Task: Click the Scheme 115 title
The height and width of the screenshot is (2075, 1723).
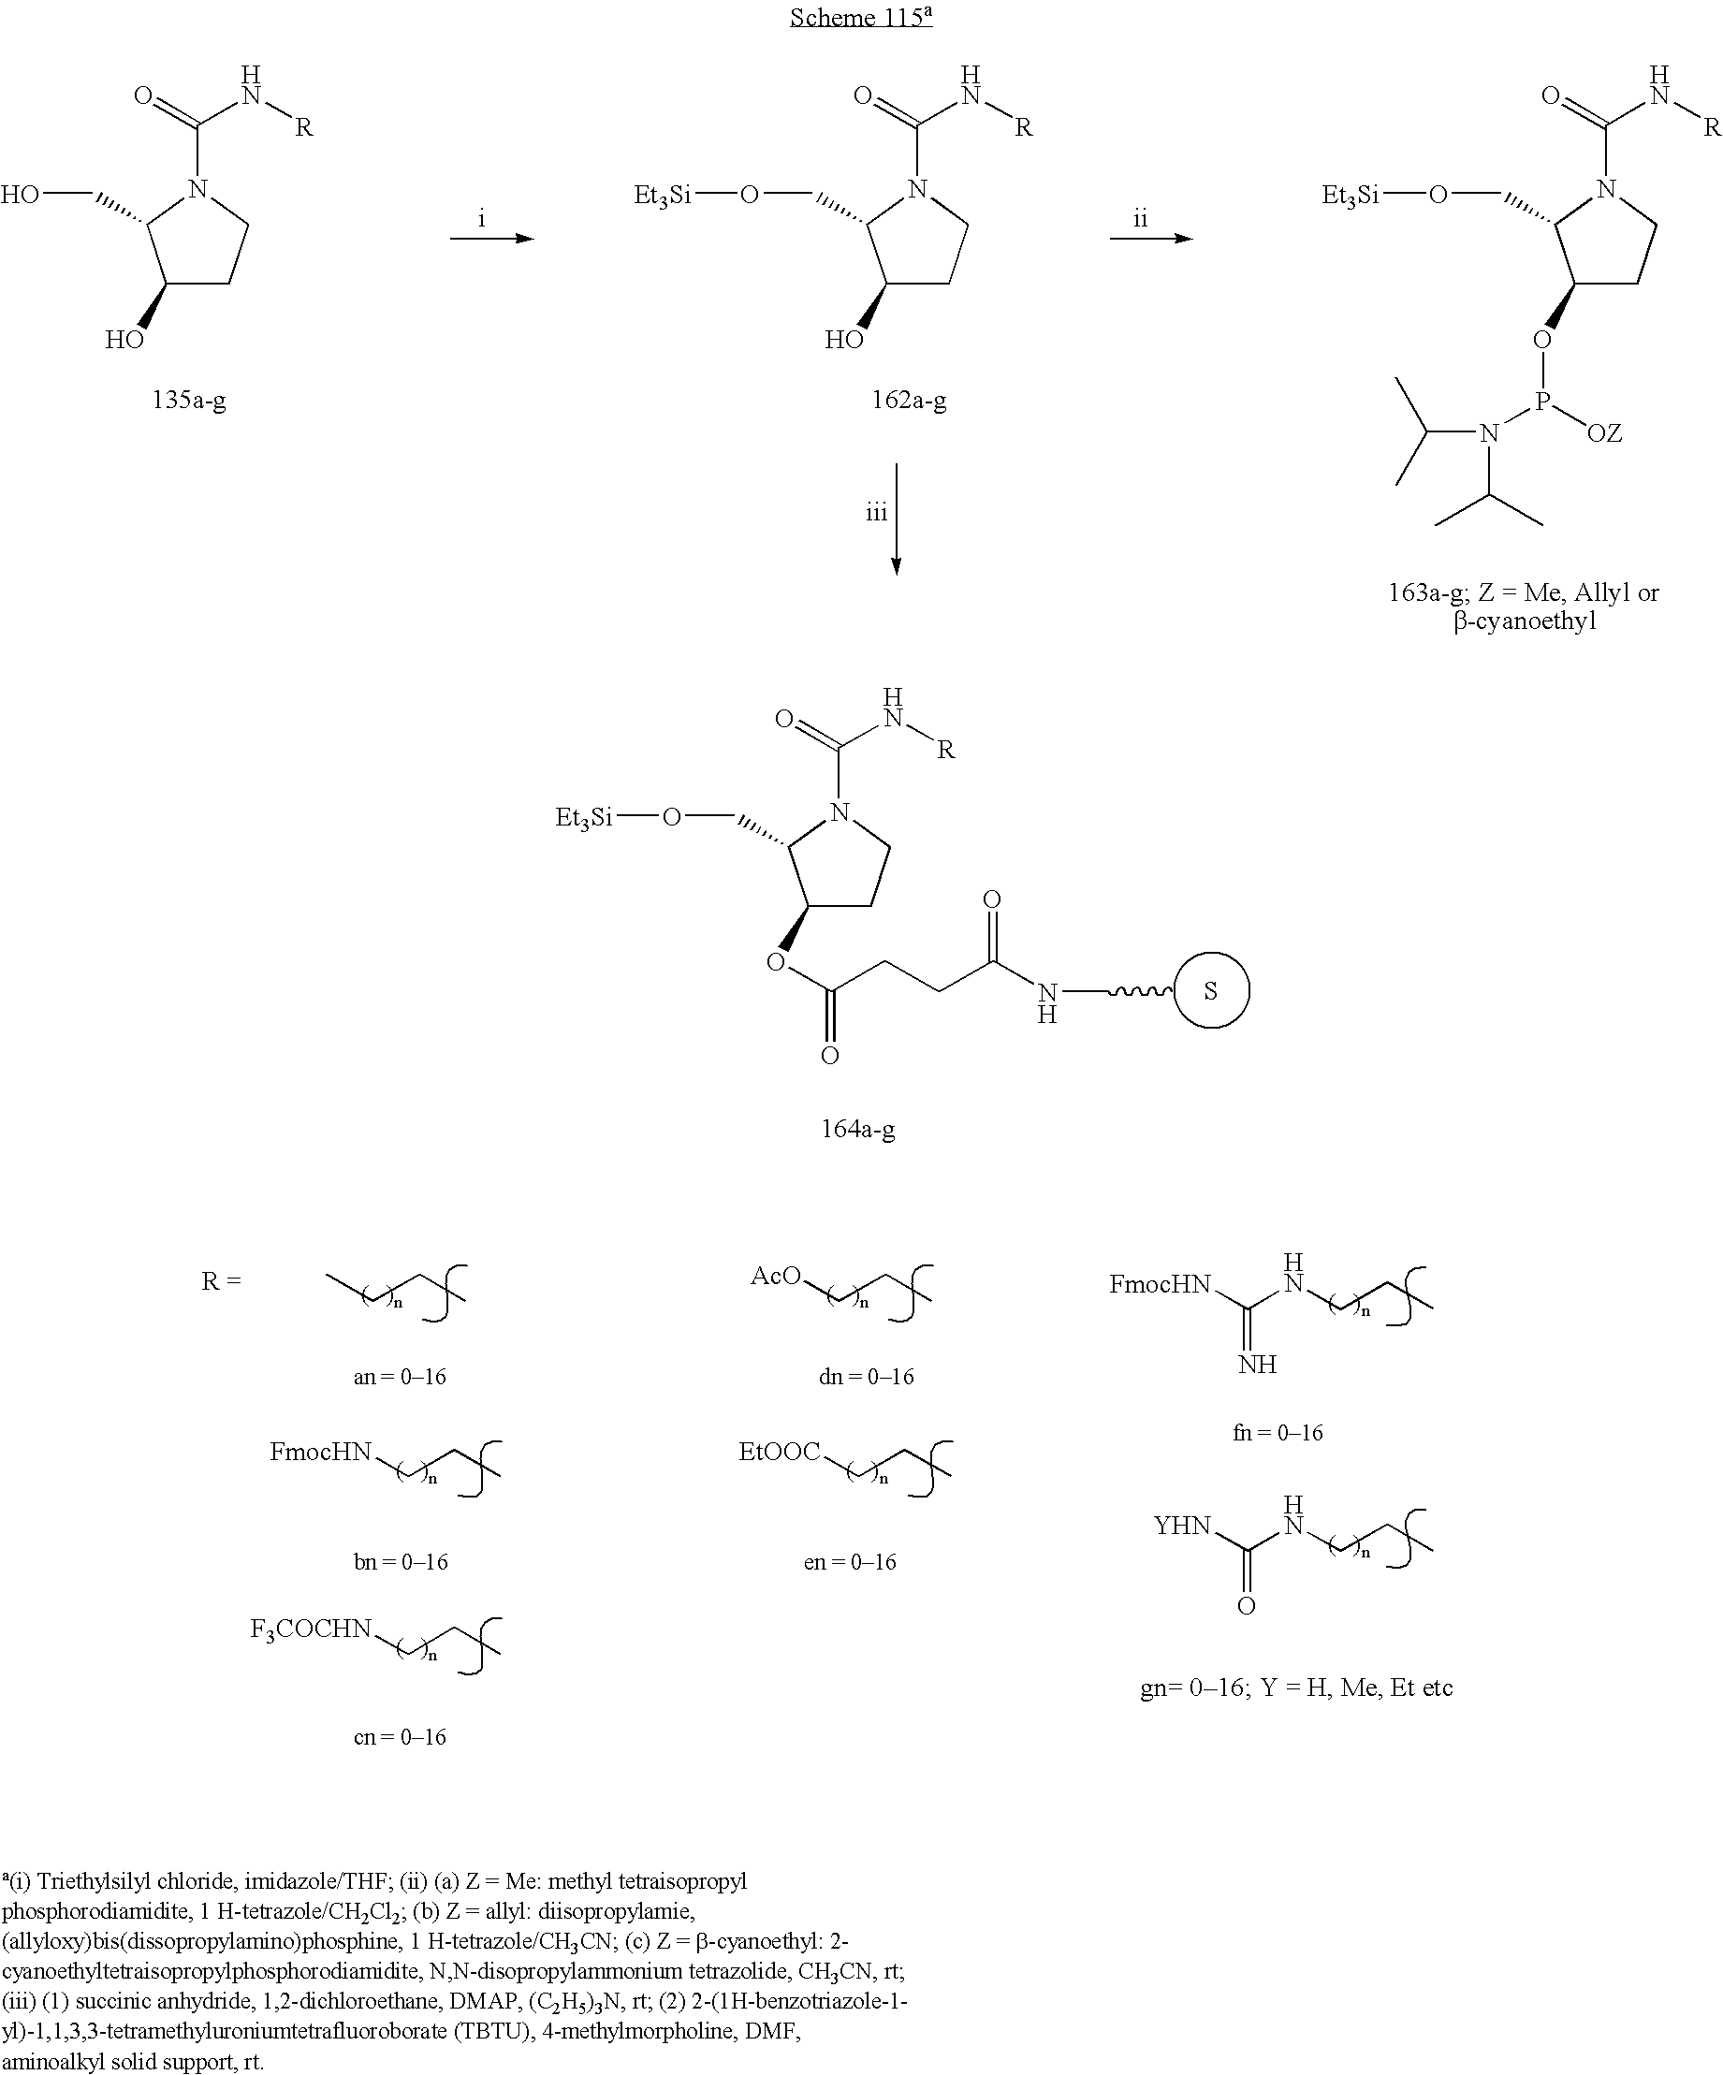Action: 860,17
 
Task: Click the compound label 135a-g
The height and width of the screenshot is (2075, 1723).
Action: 189,401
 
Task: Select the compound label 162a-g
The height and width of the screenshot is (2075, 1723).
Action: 908,401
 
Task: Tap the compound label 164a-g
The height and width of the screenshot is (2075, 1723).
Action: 857,1129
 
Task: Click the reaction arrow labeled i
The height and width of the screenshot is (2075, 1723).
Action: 492,238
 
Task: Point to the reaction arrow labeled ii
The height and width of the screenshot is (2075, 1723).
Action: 1151,238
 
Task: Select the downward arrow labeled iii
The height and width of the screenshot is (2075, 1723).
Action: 896,519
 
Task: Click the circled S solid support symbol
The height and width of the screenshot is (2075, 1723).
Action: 1211,990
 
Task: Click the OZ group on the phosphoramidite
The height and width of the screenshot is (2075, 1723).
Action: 1604,432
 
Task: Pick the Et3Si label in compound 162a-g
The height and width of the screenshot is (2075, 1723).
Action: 662,197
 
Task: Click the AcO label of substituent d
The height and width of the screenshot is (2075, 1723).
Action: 776,1276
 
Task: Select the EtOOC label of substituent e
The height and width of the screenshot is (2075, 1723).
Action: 780,1452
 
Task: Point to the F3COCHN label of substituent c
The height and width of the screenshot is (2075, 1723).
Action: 310,1629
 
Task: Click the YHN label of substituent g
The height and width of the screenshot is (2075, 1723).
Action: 1183,1526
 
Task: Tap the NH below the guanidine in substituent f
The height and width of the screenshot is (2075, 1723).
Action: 1258,1365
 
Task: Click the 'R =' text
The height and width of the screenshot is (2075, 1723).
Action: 221,1281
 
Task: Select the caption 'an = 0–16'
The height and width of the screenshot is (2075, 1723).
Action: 399,1378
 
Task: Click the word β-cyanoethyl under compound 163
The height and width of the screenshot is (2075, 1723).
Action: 1526,622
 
